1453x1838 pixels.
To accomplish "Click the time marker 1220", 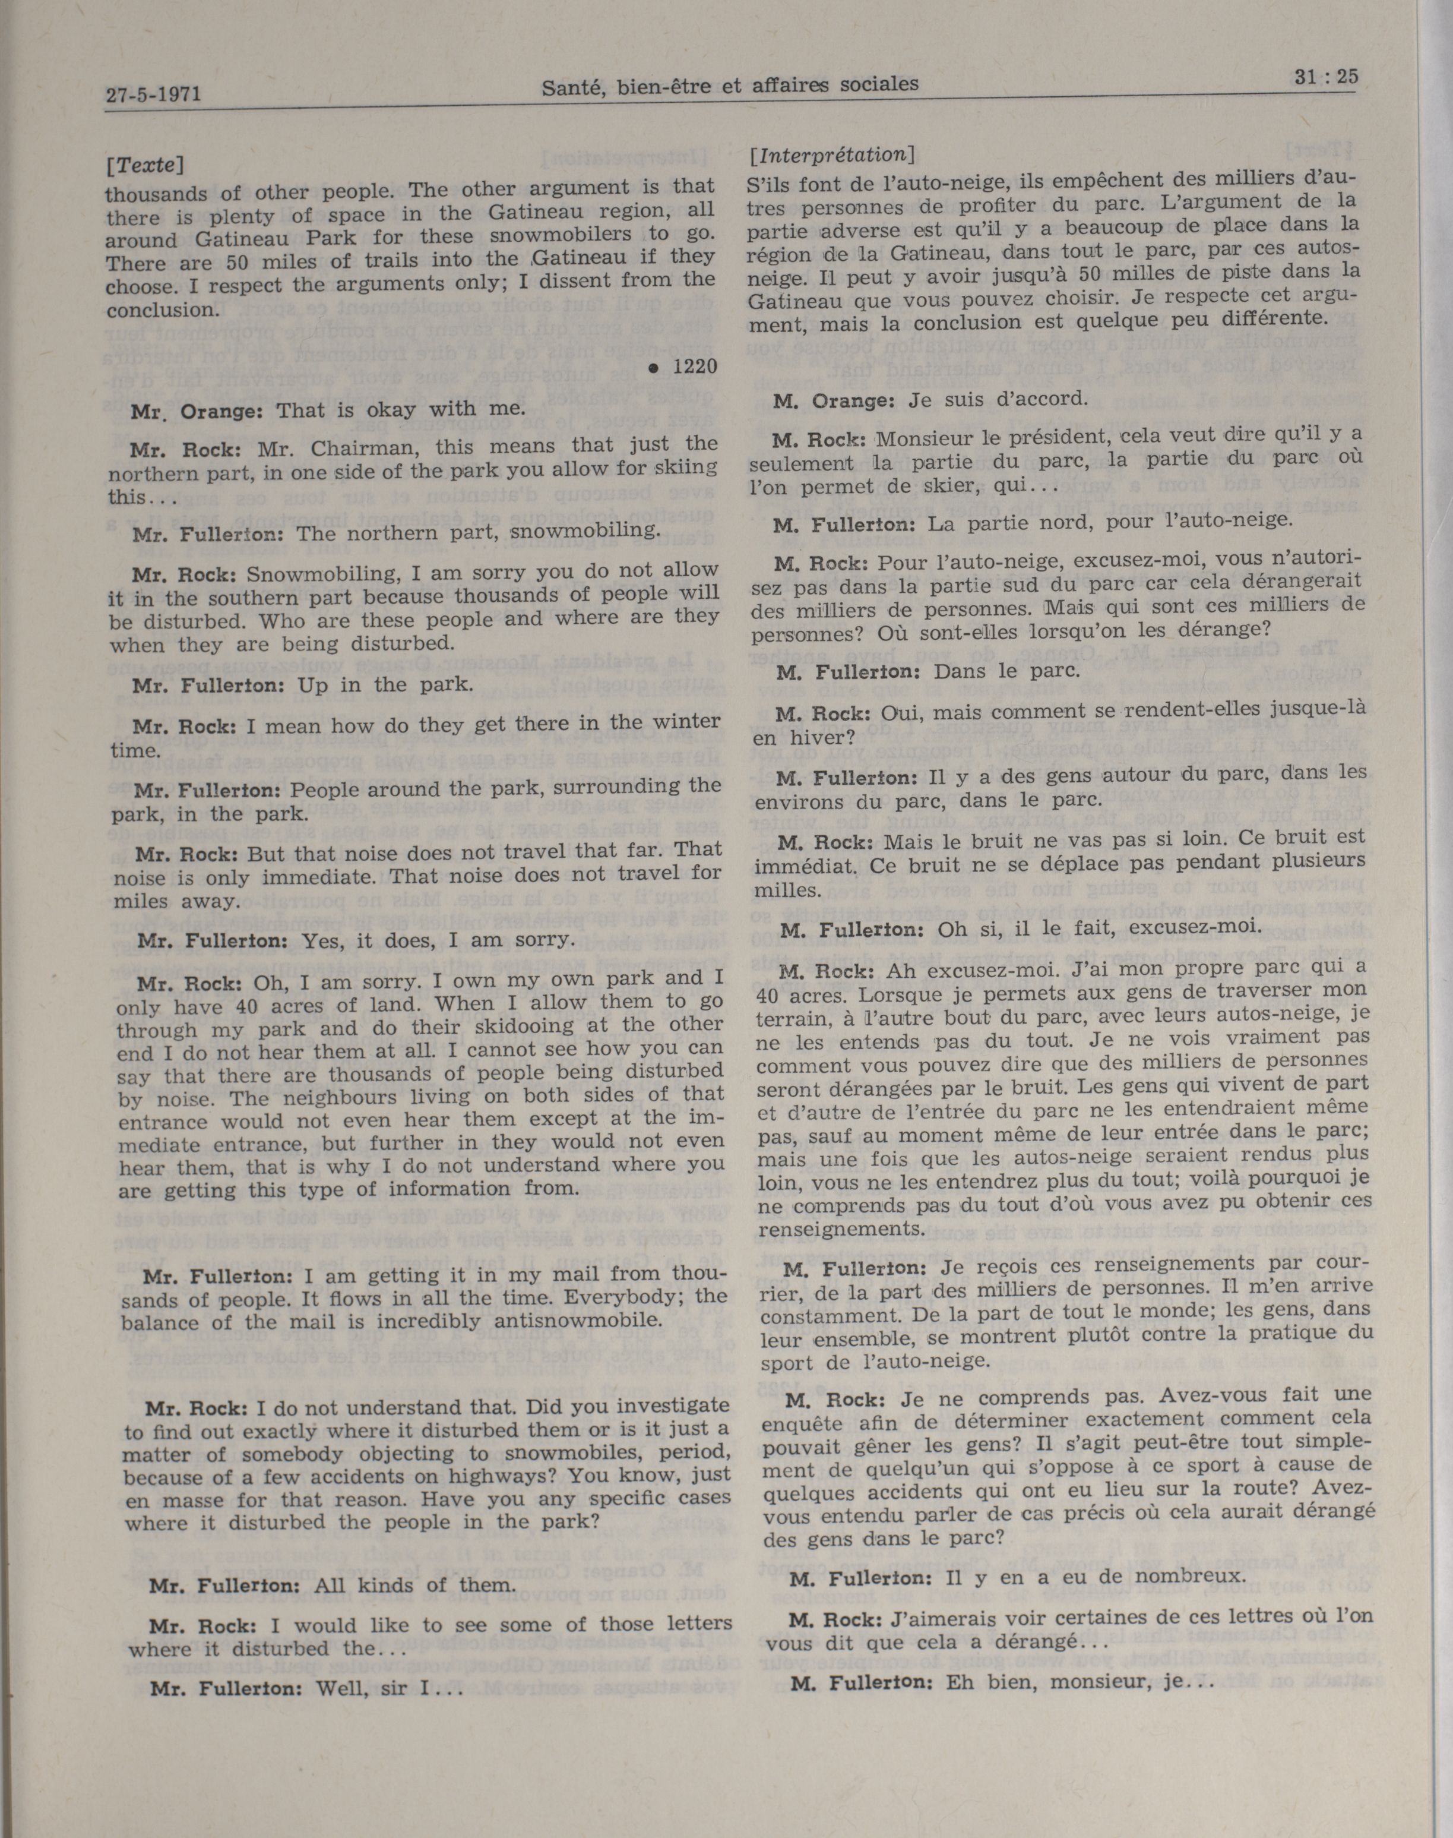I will (694, 366).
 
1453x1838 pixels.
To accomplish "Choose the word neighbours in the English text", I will (299, 1096).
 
